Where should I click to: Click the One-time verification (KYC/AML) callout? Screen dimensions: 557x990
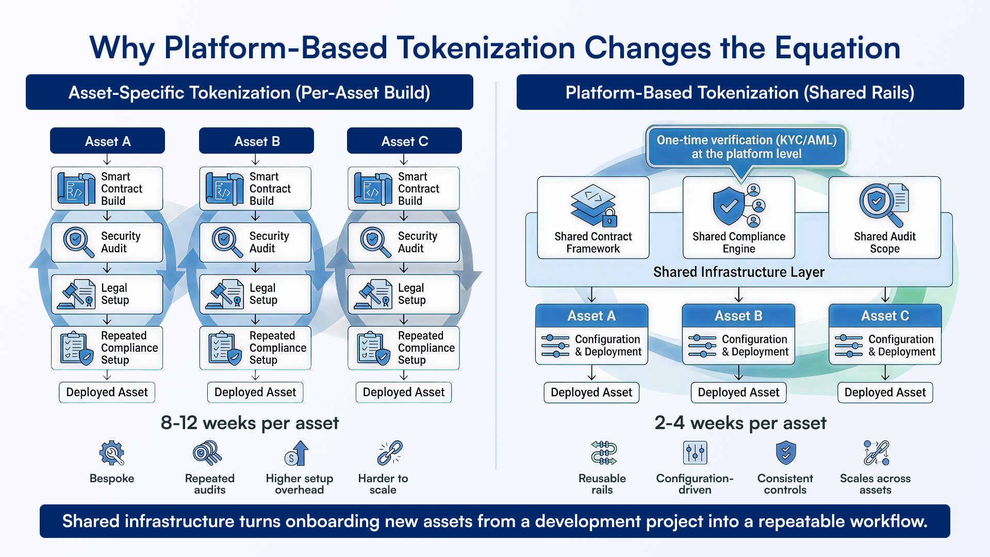coord(746,147)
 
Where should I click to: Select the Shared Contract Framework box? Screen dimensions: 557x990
coord(593,218)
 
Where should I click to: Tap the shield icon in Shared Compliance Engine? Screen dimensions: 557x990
coord(728,206)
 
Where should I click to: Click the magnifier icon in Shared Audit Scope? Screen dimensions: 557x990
coord(878,203)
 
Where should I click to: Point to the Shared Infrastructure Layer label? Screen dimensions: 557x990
coord(738,272)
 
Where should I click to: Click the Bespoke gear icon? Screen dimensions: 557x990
coord(111,453)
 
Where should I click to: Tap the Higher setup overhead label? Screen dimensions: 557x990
coord(299,484)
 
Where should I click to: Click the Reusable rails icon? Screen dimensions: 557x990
coord(603,453)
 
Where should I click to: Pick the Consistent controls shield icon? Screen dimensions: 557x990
coord(786,453)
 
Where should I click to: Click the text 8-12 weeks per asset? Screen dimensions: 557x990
coord(250,423)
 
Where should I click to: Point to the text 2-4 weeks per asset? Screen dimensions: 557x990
coord(740,423)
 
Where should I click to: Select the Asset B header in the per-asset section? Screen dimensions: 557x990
coord(256,141)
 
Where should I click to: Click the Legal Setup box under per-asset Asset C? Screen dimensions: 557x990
coord(403,294)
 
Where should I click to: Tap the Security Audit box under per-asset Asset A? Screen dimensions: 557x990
coord(107,242)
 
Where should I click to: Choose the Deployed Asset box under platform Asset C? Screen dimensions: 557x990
coord(885,392)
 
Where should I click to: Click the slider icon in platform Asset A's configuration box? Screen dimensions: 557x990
coord(555,346)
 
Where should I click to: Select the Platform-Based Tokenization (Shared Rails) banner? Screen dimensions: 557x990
coord(740,92)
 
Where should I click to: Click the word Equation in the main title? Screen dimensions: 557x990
coord(837,48)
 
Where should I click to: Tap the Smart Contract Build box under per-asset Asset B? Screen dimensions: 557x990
coord(255,189)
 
